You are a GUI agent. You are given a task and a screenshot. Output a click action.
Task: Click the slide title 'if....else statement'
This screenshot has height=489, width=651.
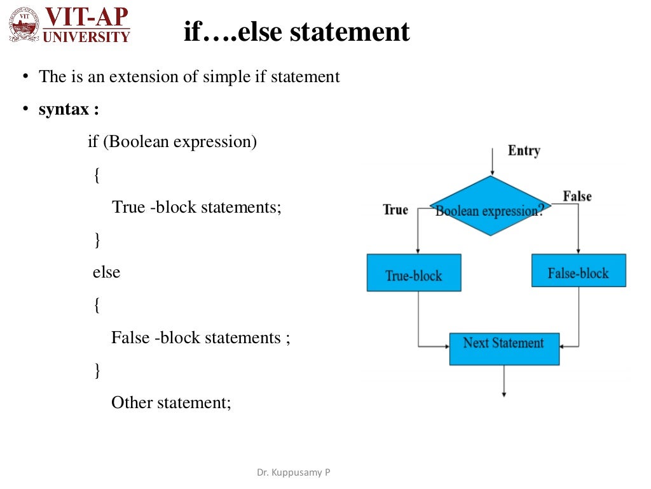point(296,31)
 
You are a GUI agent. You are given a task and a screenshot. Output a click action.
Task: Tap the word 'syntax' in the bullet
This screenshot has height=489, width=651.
point(64,110)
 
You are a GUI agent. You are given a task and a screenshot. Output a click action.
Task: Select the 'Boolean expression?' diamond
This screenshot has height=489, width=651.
point(490,206)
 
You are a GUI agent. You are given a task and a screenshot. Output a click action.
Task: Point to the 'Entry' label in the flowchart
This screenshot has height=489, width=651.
point(523,151)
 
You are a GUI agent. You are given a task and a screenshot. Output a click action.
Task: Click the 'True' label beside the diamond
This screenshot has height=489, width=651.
point(395,209)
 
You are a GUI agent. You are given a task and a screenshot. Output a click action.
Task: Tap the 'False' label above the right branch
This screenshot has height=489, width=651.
point(577,196)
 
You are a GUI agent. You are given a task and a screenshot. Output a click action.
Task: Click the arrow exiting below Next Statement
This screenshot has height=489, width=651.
point(504,382)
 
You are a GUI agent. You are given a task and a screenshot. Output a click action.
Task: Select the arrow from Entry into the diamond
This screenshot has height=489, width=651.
point(491,162)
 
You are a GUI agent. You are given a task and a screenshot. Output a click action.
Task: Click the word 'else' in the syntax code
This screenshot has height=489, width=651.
point(106,273)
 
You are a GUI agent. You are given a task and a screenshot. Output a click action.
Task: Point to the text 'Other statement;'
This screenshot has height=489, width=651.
point(170,402)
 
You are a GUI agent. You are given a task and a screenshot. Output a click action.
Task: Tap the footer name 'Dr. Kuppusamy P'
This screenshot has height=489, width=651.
point(293,472)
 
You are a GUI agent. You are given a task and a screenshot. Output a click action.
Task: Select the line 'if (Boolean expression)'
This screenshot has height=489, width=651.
point(172,141)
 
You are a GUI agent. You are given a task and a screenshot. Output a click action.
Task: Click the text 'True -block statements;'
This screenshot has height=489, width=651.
point(196,207)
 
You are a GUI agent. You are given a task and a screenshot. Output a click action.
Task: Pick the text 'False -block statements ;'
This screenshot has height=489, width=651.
point(200,337)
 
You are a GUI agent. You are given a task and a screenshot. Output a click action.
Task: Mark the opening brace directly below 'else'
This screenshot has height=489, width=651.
point(97,306)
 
